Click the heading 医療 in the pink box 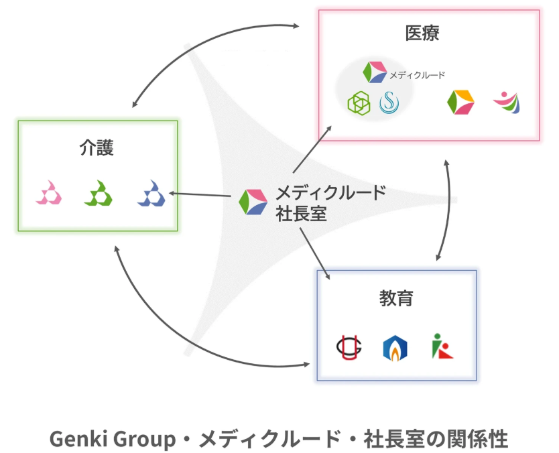tap(422, 33)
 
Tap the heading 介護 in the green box tap(97, 147)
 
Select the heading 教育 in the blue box tap(396, 298)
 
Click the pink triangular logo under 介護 tap(49, 193)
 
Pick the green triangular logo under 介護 tap(99, 193)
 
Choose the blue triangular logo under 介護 tap(151, 193)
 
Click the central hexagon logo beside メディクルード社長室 tap(253, 202)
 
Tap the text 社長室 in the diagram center tap(301, 214)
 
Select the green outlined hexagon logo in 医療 tap(359, 103)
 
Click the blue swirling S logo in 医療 tap(389, 103)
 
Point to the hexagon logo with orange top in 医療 tap(460, 103)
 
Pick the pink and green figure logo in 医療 tap(507, 103)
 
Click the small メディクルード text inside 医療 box tap(417, 75)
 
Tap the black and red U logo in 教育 tap(349, 348)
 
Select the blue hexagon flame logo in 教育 tap(395, 348)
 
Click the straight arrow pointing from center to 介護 tap(200, 194)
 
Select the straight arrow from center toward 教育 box tap(315, 254)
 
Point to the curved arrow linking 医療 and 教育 tap(448, 210)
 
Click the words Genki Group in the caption tap(113, 439)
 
